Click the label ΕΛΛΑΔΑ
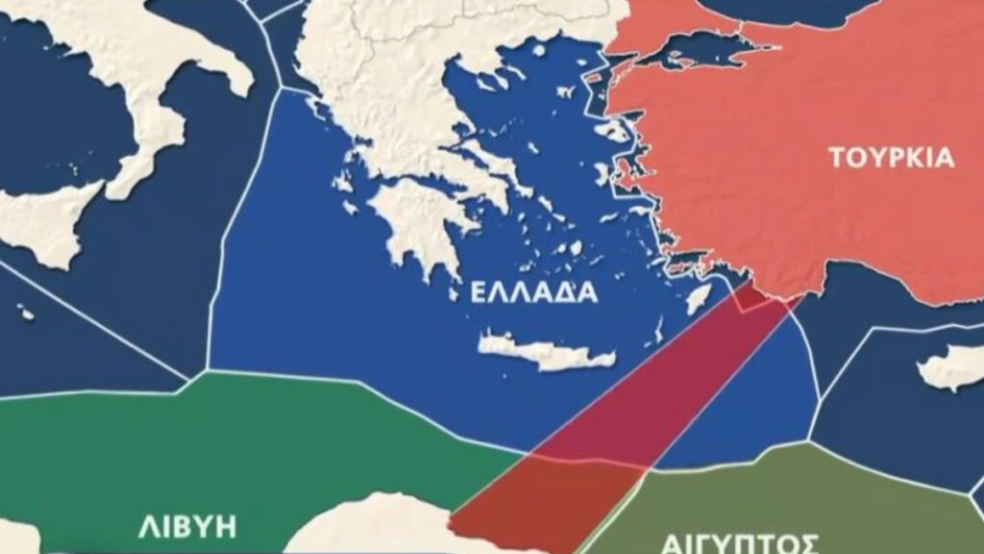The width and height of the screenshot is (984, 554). pyautogui.click(x=533, y=292)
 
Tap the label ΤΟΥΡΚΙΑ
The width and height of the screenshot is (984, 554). pyautogui.click(x=893, y=159)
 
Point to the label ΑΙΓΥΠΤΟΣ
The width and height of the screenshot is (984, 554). pyautogui.click(x=740, y=541)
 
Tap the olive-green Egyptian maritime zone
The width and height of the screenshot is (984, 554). pyautogui.click(x=817, y=491)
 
